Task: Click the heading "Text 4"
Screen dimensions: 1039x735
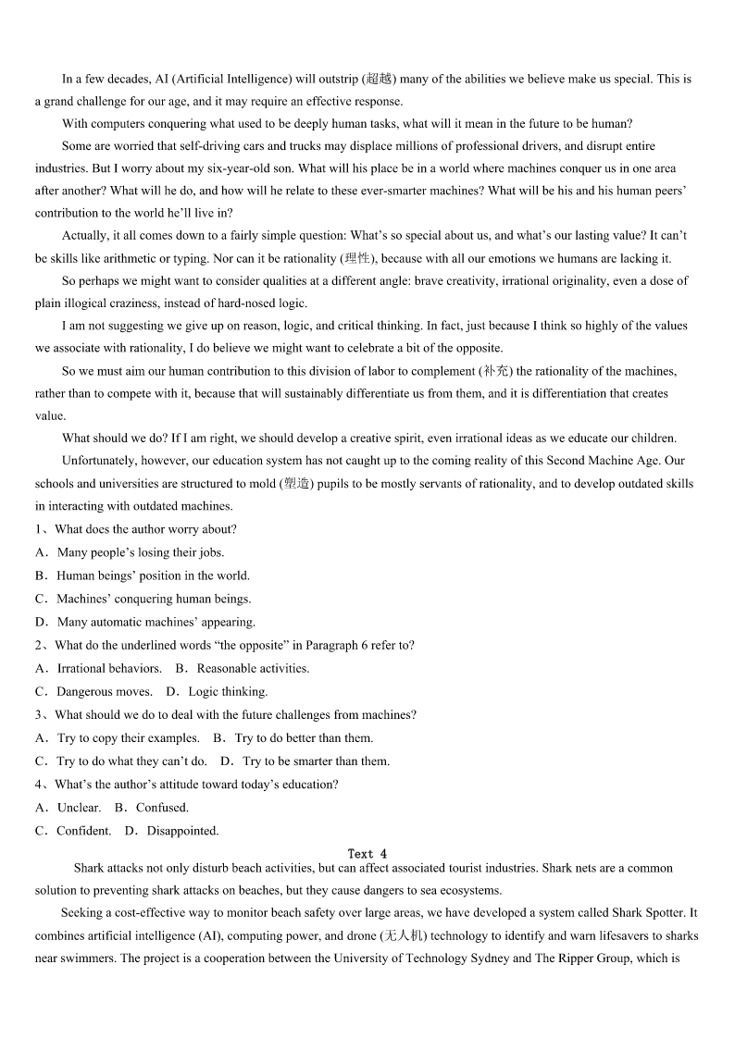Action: (x=367, y=854)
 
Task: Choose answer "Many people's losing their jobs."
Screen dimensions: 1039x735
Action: (x=140, y=552)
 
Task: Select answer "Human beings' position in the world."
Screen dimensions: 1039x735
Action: (x=153, y=575)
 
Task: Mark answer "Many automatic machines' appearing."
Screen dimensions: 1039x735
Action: (x=156, y=622)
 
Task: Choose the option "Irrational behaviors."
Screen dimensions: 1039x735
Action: (x=108, y=668)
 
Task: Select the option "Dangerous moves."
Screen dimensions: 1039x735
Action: (x=104, y=691)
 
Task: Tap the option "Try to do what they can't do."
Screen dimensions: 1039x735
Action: (x=131, y=761)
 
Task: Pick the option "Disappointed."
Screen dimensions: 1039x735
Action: (x=182, y=831)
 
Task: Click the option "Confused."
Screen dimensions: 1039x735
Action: (x=162, y=808)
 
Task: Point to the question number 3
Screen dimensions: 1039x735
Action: (x=39, y=714)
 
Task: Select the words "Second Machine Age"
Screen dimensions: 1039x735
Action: (x=604, y=461)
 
